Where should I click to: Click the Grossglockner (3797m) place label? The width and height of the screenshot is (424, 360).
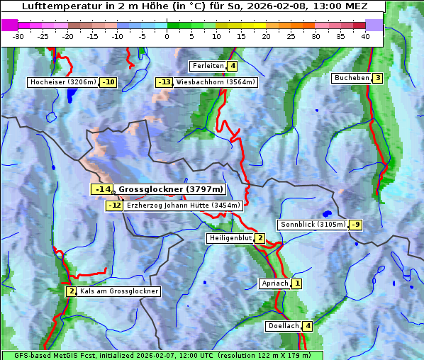[171, 189]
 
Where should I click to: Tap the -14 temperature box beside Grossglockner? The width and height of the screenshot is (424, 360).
[102, 189]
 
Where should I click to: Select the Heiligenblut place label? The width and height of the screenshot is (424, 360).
[230, 238]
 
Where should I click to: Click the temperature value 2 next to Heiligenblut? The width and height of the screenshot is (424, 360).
[260, 238]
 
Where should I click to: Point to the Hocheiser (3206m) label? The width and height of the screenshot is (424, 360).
[62, 82]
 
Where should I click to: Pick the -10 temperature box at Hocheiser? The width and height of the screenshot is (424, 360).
[108, 82]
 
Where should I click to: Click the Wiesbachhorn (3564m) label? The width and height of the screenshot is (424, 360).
[216, 82]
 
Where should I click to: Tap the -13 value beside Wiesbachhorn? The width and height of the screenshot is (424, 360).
[164, 82]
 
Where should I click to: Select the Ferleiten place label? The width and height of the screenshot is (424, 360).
[208, 66]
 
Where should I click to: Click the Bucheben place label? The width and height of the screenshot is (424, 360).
[352, 78]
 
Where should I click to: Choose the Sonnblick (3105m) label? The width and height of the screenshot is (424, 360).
[313, 225]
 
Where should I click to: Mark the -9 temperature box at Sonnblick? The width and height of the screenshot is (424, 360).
[356, 225]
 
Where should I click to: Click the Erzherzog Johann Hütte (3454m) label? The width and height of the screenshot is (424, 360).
[184, 206]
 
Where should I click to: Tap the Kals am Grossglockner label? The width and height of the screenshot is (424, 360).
[118, 291]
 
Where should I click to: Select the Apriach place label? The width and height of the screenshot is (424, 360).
[274, 283]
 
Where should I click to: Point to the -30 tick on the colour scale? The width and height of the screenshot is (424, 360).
[18, 36]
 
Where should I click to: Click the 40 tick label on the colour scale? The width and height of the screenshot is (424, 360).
[365, 36]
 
